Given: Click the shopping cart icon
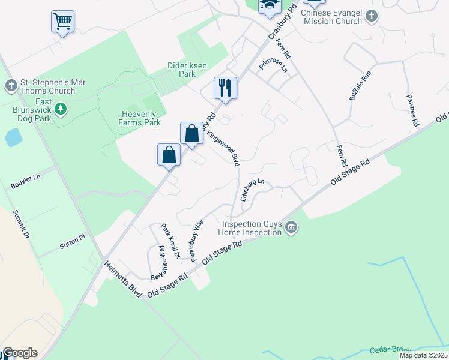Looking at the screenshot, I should point(62,22).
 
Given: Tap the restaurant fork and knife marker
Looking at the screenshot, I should point(225,88).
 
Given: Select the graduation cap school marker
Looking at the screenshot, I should point(270,5).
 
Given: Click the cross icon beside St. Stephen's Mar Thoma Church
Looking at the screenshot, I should point(11,86).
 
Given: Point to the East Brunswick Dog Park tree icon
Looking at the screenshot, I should point(60,109).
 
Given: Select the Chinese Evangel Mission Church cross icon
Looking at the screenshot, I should point(372,16).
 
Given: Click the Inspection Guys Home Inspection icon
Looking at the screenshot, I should point(292,227).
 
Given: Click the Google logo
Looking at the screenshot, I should point(20,353).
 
